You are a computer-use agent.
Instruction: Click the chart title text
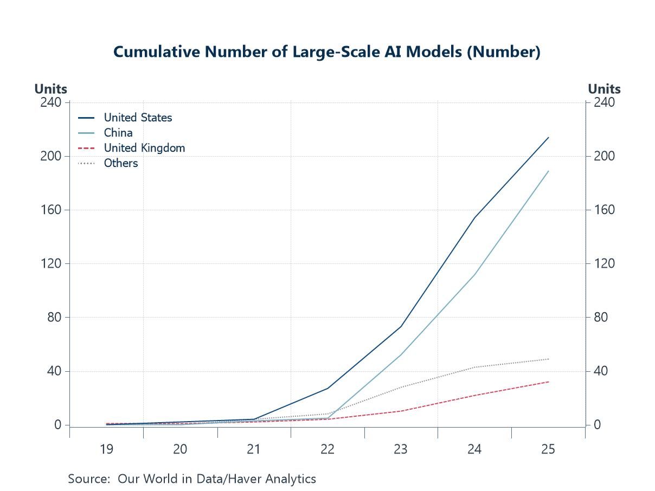point(327,52)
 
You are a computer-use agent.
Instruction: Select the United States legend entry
point(138,118)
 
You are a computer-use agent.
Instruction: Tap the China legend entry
point(118,133)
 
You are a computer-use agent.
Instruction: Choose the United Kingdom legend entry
point(144,148)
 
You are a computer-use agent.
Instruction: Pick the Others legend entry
point(121,163)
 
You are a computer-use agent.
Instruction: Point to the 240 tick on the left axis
point(51,102)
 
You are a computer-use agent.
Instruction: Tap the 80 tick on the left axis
point(54,318)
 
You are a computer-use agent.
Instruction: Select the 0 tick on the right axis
point(597,425)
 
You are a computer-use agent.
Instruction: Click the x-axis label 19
point(106,449)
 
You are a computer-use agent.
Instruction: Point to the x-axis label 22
point(327,449)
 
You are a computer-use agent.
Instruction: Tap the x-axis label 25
point(548,449)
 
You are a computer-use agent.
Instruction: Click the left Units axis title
point(51,89)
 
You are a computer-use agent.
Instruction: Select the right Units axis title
point(604,89)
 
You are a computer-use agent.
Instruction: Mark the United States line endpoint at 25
point(548,138)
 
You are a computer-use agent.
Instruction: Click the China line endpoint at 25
point(548,171)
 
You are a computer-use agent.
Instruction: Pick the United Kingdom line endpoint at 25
point(548,382)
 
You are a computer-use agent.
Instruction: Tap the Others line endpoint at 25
point(548,359)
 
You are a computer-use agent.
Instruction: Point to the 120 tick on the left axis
point(51,264)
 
